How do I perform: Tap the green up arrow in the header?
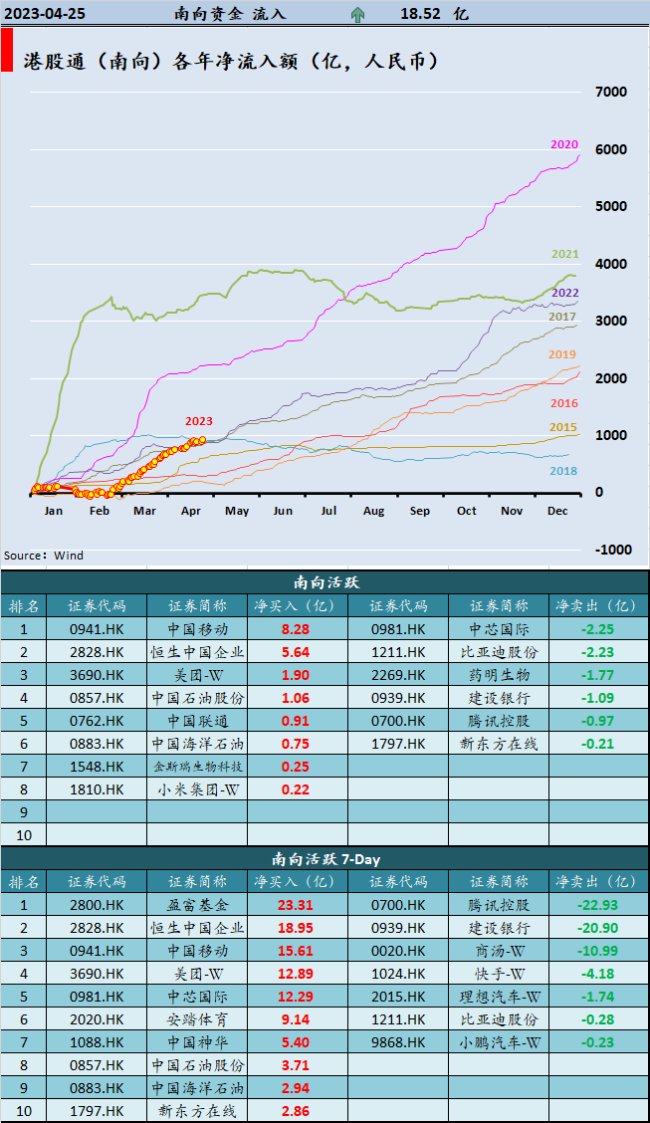tap(357, 14)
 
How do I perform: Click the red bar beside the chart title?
tap(7, 50)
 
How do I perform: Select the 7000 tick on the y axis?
tap(610, 92)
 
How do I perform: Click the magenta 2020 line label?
tap(564, 144)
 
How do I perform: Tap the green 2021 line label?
tap(565, 255)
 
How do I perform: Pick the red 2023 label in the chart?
tap(198, 421)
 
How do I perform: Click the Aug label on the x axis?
tap(374, 511)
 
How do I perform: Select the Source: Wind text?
tap(44, 556)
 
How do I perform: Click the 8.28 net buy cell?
tap(296, 629)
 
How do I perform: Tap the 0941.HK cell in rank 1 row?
tap(98, 629)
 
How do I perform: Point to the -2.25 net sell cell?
tap(597, 629)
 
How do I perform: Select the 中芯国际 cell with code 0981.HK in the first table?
tap(498, 629)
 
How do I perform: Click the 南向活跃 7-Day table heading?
tap(325, 858)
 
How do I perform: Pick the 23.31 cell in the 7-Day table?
tap(296, 905)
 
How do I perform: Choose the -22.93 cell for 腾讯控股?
tap(597, 905)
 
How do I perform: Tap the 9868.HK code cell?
tap(398, 1042)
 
